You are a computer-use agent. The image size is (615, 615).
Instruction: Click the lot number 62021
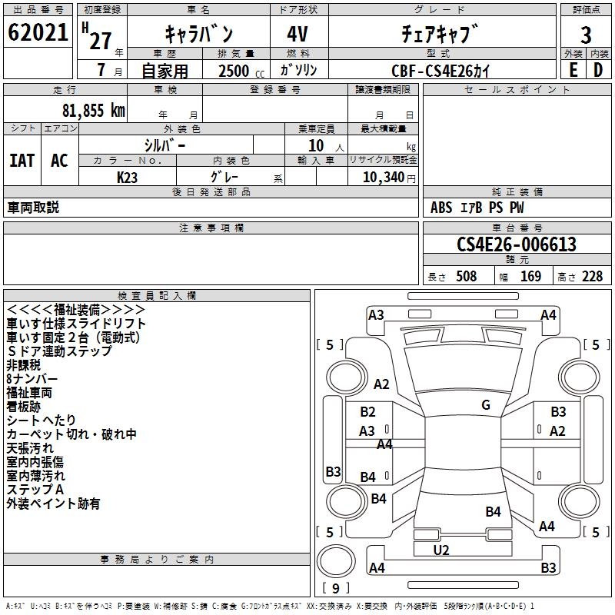[x=38, y=32]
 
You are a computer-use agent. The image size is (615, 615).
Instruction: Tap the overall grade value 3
[x=586, y=35]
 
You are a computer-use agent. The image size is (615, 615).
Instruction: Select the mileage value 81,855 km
[x=94, y=111]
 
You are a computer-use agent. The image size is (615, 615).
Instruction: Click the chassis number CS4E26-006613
[x=517, y=244]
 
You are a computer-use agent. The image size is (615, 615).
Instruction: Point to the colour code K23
[x=127, y=178]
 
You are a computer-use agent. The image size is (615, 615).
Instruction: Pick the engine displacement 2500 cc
[x=241, y=71]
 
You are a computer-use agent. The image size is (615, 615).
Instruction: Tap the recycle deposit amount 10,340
[x=384, y=177]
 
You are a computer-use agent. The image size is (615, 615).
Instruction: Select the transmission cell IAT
[x=22, y=161]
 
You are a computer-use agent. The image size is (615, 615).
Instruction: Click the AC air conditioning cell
[x=59, y=161]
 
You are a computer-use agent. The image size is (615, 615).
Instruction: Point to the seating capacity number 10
[x=316, y=145]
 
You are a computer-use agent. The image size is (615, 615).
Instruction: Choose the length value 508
[x=467, y=276]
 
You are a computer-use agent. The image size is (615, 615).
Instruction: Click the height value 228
[x=592, y=276]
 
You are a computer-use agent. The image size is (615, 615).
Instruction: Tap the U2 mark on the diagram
[x=441, y=550]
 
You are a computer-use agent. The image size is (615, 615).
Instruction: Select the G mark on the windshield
[x=486, y=405]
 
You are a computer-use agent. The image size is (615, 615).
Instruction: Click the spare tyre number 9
[x=336, y=588]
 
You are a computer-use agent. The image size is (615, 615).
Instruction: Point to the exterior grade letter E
[x=573, y=70]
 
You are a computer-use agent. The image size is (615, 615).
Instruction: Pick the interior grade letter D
[x=598, y=70]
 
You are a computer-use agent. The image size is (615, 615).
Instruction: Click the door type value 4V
[x=298, y=34]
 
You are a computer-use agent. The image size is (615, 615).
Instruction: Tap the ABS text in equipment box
[x=441, y=208]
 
